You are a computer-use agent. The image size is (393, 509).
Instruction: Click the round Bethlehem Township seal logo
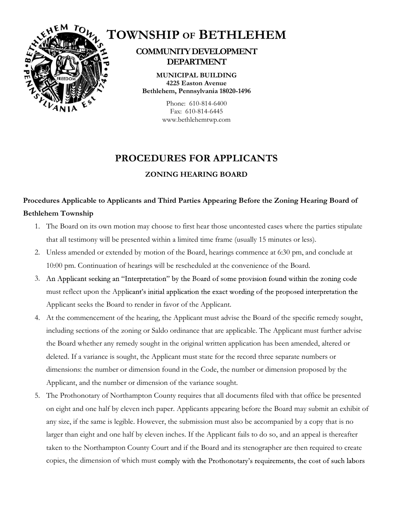pos(66,68)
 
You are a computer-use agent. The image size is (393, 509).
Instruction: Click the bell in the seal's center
pos(67,64)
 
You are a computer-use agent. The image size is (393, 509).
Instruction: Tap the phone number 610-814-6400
pos(208,103)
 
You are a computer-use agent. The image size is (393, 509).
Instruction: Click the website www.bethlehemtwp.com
pos(196,120)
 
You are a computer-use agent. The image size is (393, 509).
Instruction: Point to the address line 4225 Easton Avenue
pos(196,83)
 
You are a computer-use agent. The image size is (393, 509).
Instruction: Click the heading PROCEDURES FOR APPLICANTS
pos(196,158)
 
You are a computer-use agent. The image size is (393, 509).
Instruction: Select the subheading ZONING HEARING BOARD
pos(196,175)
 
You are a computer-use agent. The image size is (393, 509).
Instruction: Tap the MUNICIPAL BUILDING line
pos(196,75)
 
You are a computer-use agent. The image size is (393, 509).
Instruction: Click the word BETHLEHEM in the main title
pos(242,35)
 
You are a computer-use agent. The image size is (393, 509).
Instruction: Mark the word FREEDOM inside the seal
pos(66,78)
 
